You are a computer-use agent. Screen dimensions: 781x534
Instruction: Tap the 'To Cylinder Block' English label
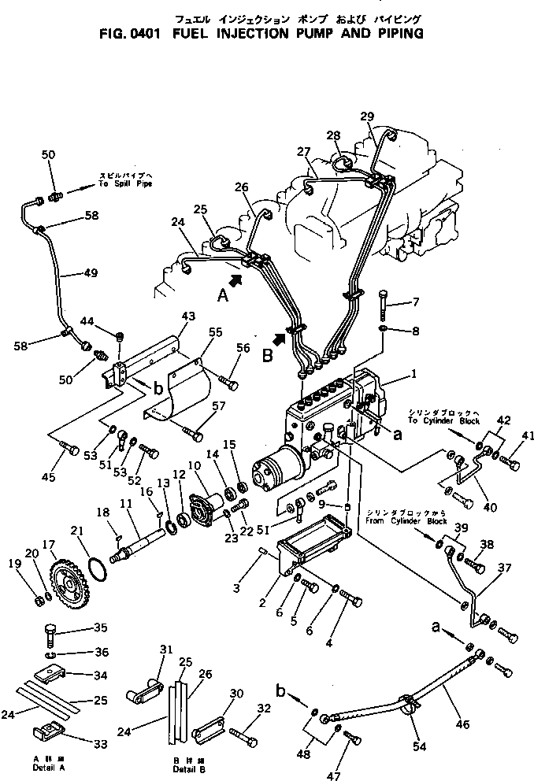point(451,421)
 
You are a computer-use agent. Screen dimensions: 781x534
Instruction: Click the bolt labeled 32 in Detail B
point(243,737)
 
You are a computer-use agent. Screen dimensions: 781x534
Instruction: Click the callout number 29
point(367,117)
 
